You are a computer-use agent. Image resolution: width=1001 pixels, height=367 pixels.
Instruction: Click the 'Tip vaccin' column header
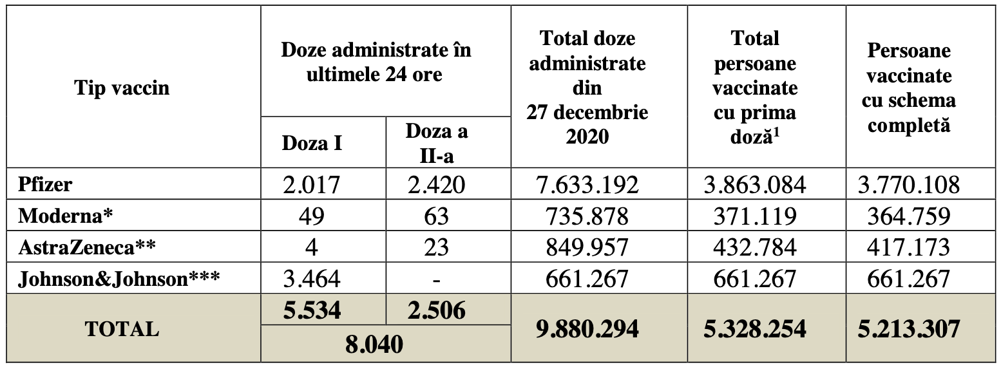[122, 88]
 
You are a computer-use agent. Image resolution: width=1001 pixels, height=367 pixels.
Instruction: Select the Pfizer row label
[45, 185]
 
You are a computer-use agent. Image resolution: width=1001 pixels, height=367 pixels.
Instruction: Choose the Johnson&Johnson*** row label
[119, 278]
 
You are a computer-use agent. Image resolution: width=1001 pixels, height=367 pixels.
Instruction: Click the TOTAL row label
[122, 329]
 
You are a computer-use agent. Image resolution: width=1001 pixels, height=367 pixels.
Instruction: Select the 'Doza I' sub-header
[312, 143]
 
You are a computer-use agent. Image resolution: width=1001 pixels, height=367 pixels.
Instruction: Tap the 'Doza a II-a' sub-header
[437, 143]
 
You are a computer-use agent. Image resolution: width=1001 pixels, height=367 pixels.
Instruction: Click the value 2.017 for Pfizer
[312, 185]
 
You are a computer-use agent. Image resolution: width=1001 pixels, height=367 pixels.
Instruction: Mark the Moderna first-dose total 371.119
[755, 216]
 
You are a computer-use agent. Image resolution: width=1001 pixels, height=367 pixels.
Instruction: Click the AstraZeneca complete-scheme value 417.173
[908, 247]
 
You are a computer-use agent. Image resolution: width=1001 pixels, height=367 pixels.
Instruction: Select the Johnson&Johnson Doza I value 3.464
[312, 279]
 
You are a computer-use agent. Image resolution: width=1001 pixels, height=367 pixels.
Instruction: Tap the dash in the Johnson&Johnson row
[437, 279]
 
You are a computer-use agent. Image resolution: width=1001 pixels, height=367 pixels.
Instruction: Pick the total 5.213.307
[908, 329]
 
